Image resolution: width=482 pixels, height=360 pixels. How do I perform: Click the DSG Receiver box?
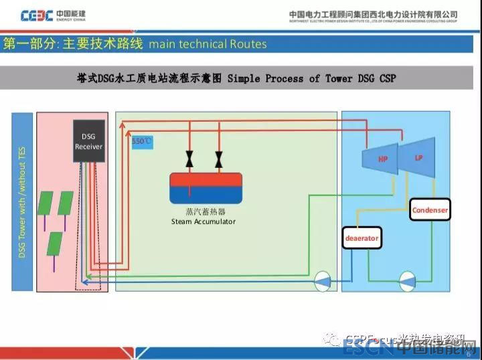click(88, 141)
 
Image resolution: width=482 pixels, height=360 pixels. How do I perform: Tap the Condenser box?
click(430, 210)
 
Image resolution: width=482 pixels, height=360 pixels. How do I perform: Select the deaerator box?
click(361, 238)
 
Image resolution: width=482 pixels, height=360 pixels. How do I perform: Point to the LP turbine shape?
click(418, 157)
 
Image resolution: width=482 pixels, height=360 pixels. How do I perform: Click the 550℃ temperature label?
click(142, 141)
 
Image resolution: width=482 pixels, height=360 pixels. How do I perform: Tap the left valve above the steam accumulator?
click(189, 160)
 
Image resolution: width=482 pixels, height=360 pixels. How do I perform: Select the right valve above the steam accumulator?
click(219, 160)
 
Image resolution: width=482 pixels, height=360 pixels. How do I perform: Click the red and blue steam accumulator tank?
click(205, 188)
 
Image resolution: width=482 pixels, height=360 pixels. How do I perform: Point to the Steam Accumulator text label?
click(204, 221)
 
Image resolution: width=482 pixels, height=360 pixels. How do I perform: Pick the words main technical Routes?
click(208, 44)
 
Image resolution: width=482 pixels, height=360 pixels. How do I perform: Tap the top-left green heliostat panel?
click(46, 203)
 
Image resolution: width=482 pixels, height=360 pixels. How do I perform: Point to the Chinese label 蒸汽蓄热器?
click(204, 212)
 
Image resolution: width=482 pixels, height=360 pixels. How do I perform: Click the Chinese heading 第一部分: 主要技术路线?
click(73, 44)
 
